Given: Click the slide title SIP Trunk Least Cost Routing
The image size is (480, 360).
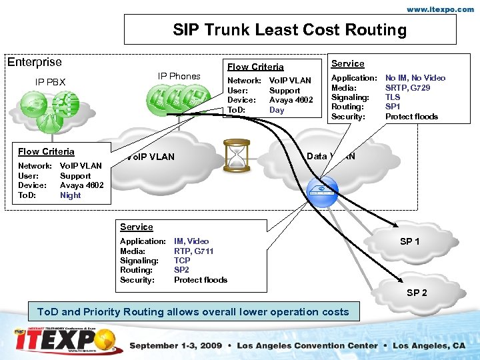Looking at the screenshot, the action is pos(289,30).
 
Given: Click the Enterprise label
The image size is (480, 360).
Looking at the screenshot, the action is pos(34,62).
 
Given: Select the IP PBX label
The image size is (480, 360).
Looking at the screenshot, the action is pos(51,82).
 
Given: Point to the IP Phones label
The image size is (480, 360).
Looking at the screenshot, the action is pos(179,76).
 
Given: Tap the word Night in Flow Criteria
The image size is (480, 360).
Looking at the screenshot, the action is pos(70,195).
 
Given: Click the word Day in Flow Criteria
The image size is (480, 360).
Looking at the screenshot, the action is pos(277,110).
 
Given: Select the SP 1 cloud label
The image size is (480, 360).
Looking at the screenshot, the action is pos(409,241).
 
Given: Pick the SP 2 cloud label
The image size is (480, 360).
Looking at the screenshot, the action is pos(417,293).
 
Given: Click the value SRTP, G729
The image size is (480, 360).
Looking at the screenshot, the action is pos(407,87).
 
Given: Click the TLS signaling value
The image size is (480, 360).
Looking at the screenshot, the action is pos(393,97).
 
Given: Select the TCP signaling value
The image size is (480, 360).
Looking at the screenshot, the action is pos(182,261).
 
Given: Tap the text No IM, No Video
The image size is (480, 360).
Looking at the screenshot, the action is pos(415,78).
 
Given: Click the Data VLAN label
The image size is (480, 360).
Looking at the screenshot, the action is pos(331,157).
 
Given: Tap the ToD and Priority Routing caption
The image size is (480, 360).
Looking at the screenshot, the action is pos(193,312).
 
